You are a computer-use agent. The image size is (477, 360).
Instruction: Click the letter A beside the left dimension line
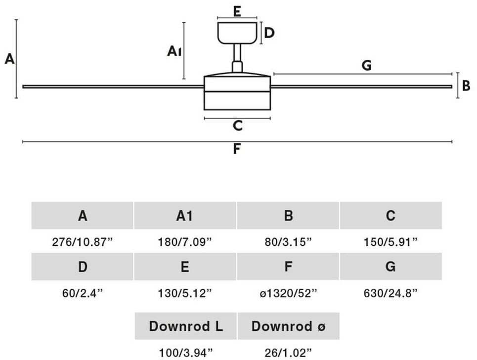point(9,59)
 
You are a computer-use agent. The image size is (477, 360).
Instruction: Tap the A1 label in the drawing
point(173,50)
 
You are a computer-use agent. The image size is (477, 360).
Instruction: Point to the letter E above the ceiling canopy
point(237,11)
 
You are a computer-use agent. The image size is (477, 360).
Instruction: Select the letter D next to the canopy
point(269,33)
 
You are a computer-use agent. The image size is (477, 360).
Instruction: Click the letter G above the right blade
point(366,65)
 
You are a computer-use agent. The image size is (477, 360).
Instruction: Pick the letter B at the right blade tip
point(466,86)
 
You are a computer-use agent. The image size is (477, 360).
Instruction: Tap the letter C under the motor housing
point(238,126)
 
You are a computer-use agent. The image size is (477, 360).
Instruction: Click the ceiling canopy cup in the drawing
point(238,33)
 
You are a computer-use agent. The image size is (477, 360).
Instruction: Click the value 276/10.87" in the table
point(83,242)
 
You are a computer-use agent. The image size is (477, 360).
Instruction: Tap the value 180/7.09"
point(185,242)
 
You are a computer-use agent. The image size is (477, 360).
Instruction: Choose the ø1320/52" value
point(288,293)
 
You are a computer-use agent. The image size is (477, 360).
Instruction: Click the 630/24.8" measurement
point(390,293)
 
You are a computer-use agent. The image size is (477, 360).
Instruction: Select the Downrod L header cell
point(186,326)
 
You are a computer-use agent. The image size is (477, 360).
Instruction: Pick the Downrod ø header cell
point(288,326)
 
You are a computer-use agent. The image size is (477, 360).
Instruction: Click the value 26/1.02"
point(288,352)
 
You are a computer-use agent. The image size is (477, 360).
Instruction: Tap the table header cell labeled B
point(288,216)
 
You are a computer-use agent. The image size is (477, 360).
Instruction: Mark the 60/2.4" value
point(83,293)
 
